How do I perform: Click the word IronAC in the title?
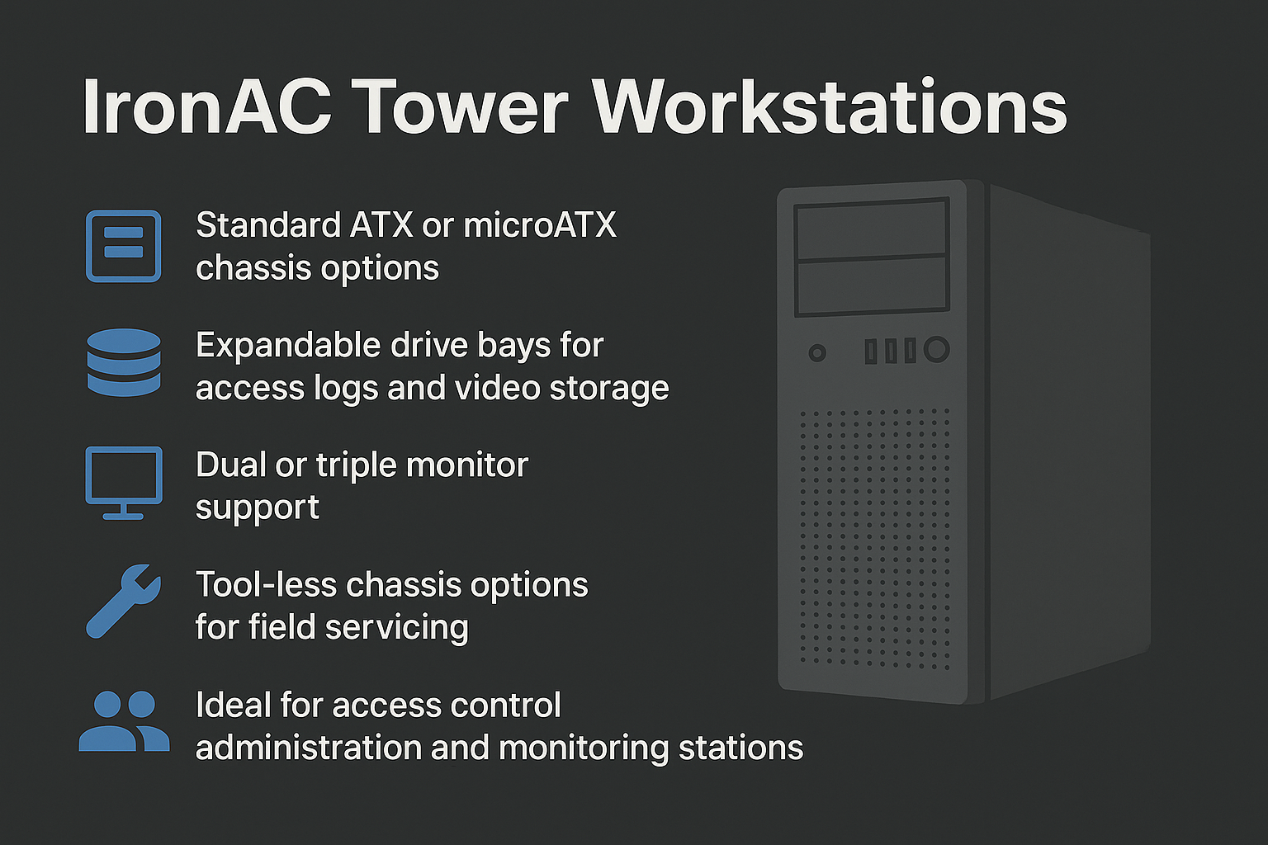pyautogui.click(x=207, y=107)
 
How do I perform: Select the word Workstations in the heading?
pyautogui.click(x=830, y=107)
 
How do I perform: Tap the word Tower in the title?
pyautogui.click(x=462, y=107)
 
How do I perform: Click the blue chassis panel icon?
pyautogui.click(x=123, y=246)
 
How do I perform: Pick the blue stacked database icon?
pyautogui.click(x=124, y=362)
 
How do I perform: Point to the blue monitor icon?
pyautogui.click(x=124, y=483)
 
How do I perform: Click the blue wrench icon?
pyautogui.click(x=123, y=601)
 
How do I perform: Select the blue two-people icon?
pyautogui.click(x=124, y=720)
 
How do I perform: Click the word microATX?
pyautogui.click(x=540, y=225)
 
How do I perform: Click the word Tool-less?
pyautogui.click(x=266, y=585)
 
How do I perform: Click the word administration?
pyautogui.click(x=309, y=748)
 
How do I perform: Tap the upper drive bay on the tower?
pyautogui.click(x=871, y=229)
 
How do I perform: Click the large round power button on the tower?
pyautogui.click(x=937, y=349)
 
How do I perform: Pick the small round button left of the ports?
pyautogui.click(x=816, y=353)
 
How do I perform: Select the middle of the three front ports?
pyautogui.click(x=891, y=351)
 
